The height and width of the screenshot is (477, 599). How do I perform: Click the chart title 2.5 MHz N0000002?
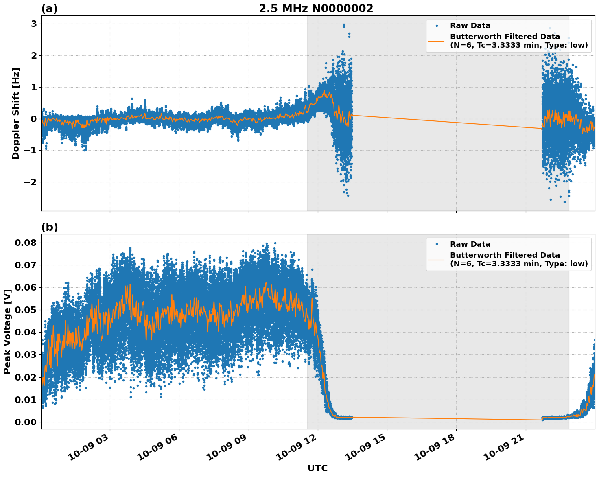pos(316,9)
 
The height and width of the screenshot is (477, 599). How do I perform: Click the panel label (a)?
pos(50,9)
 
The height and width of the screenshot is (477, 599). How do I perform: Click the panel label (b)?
pos(50,227)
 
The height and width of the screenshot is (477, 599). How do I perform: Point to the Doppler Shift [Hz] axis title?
pos(16,113)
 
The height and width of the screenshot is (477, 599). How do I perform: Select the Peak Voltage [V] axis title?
pos(7,332)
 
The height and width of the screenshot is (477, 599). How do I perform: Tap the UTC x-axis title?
pos(317,468)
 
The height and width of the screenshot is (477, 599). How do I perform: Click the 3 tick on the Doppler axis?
pos(34,24)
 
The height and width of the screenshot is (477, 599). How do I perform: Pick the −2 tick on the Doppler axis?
pos(30,182)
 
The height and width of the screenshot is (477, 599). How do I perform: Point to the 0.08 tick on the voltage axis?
pos(26,243)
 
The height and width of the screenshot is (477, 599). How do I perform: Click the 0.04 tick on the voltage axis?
pos(26,332)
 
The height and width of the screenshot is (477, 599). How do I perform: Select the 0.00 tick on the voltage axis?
pos(26,422)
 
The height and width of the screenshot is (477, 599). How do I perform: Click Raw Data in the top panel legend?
pos(470,26)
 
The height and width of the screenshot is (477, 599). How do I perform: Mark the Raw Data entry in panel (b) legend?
pos(470,244)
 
